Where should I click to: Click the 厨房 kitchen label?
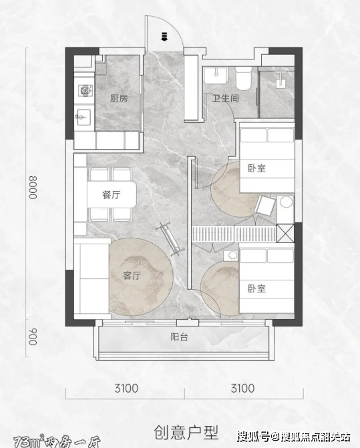(x=119, y=99)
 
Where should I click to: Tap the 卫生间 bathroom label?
(x=225, y=99)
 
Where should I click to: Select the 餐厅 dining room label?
(x=111, y=195)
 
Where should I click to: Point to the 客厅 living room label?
(x=132, y=276)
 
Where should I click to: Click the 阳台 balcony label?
(x=179, y=337)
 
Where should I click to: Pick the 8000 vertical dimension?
(x=33, y=188)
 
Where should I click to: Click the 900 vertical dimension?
(x=33, y=337)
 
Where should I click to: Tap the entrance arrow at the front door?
(x=164, y=37)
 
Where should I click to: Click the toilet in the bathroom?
(x=243, y=78)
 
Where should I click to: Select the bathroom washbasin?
(x=216, y=75)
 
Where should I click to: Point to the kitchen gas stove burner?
(x=85, y=90)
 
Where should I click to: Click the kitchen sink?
(x=83, y=117)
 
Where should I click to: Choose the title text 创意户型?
(x=186, y=432)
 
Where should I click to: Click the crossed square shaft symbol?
(x=285, y=233)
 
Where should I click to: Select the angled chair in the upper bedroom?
(x=265, y=205)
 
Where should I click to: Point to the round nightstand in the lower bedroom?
(x=231, y=256)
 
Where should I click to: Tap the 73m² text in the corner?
(x=29, y=443)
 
